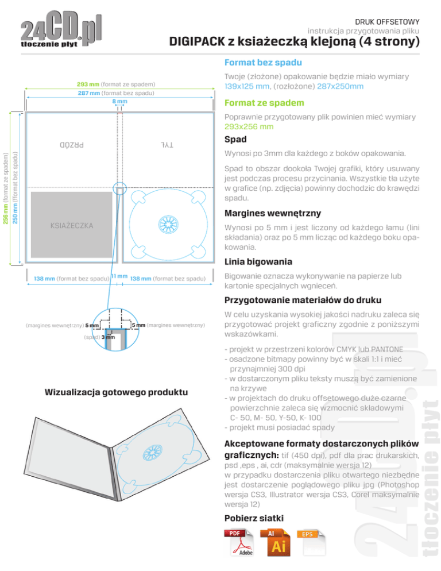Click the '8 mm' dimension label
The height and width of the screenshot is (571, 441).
click(x=119, y=101)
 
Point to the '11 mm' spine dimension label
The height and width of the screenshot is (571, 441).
click(x=119, y=276)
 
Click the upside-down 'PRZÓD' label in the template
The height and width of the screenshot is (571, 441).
click(x=71, y=145)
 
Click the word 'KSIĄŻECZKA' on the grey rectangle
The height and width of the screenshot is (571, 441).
click(x=71, y=225)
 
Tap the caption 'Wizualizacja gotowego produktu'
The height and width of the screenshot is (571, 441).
click(x=116, y=392)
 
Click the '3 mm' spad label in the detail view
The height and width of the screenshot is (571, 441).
click(x=107, y=337)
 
